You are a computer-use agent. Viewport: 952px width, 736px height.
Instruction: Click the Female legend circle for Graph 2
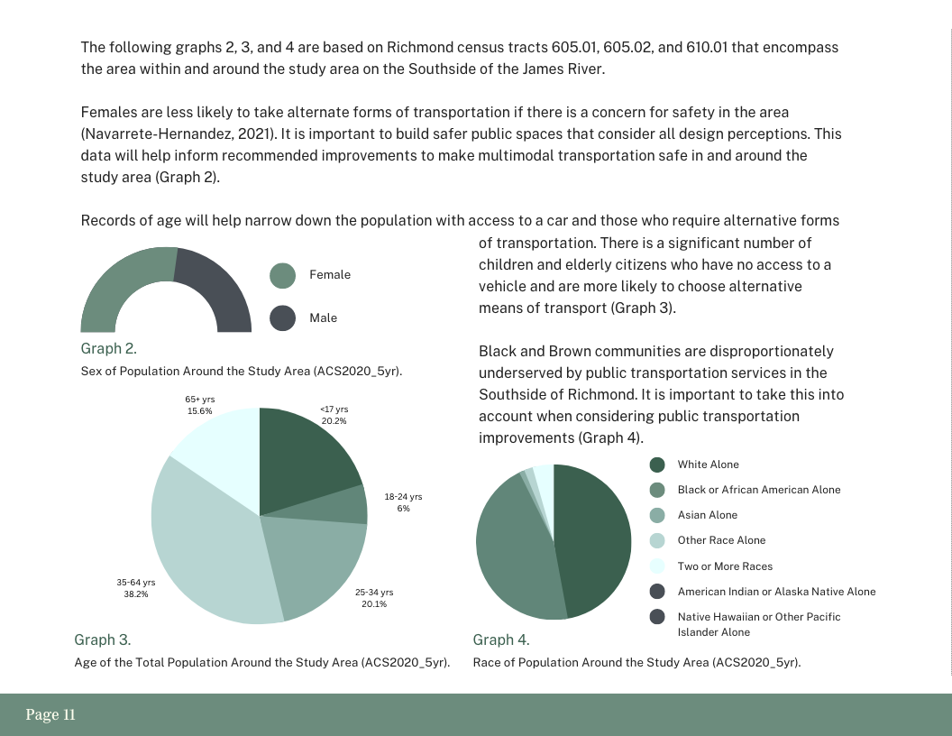282,275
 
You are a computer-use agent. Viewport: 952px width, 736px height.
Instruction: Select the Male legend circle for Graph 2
282,317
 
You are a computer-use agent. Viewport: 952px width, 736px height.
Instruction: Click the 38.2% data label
136,594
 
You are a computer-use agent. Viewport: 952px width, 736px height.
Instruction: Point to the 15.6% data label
199,411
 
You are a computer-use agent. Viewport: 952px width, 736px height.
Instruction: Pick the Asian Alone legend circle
657,515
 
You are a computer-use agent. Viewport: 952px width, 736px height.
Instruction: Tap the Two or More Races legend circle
657,566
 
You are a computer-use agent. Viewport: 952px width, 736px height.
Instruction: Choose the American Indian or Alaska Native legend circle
657,592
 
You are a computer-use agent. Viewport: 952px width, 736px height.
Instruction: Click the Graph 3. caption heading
102,639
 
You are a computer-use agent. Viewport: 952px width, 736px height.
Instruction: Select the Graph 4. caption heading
500,639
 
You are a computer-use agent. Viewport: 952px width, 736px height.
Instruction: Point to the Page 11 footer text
50,715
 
